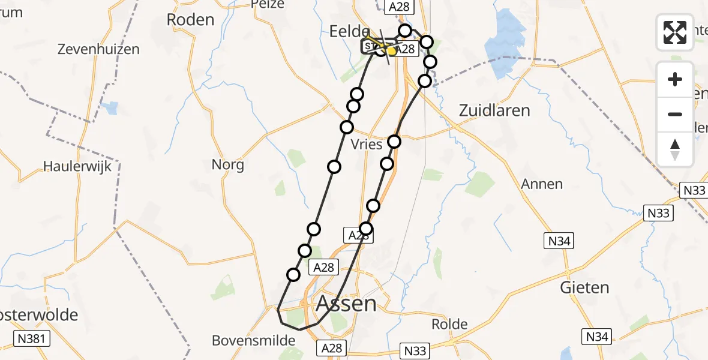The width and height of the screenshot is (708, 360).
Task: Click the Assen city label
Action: pyautogui.click(x=346, y=304)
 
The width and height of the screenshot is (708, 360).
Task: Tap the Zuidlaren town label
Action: pyautogui.click(x=494, y=110)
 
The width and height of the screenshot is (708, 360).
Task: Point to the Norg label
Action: pyautogui.click(x=228, y=164)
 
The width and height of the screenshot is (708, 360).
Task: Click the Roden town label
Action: pyautogui.click(x=190, y=20)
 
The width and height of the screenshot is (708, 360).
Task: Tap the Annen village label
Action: pyautogui.click(x=542, y=184)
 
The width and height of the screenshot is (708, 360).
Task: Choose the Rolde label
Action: pyautogui.click(x=449, y=325)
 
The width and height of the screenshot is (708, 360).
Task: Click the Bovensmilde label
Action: pyautogui.click(x=254, y=341)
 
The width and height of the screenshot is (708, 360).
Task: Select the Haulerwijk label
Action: pyautogui.click(x=78, y=166)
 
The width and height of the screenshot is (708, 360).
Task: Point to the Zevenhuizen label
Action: pyautogui.click(x=98, y=50)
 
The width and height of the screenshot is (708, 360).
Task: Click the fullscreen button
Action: pyautogui.click(x=675, y=32)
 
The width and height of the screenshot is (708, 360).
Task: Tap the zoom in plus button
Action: pyautogui.click(x=675, y=80)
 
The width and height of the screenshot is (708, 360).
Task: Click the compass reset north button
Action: pyautogui.click(x=675, y=149)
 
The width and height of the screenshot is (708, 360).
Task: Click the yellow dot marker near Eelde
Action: pyautogui.click(x=391, y=52)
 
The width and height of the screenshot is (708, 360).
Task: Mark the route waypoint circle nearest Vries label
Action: pyautogui.click(x=394, y=142)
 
